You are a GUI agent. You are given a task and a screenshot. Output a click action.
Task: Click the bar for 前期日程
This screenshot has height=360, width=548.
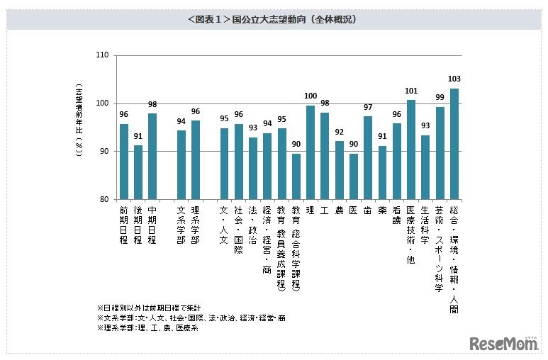tap(124, 162)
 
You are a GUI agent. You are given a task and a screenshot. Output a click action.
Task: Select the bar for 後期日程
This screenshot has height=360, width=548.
tap(138, 172)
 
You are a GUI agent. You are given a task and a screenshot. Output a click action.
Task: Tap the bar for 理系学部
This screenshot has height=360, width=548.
tap(196, 160)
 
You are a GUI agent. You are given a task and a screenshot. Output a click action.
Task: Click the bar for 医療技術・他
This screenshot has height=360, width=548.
tap(411, 150)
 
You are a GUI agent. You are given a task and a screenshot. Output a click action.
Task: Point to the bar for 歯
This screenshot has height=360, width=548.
tap(368, 158)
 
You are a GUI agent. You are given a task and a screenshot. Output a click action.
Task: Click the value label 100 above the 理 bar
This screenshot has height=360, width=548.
tap(310, 96)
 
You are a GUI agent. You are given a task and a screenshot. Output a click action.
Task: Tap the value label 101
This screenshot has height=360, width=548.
tap(411, 91)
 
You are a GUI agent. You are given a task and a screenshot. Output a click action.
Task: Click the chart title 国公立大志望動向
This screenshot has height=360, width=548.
tap(273, 20)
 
